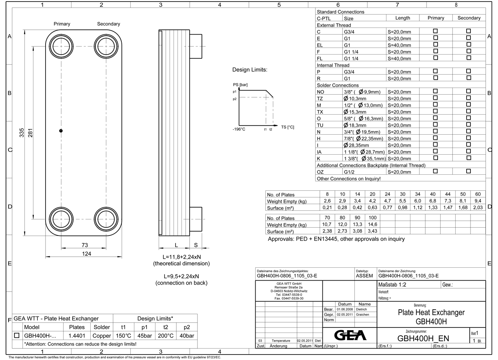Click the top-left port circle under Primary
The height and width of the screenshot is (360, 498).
click(61, 46)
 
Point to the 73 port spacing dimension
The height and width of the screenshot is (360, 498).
click(84, 245)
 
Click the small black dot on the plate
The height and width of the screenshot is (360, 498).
click(61, 131)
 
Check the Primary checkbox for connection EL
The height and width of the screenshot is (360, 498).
click(435, 44)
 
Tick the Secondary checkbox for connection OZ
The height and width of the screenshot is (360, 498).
click(469, 171)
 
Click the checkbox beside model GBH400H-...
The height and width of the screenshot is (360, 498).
click(17, 336)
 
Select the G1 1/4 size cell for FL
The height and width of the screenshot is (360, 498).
click(351, 58)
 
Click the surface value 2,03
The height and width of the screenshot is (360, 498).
click(478, 208)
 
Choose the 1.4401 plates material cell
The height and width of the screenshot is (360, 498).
click(77, 336)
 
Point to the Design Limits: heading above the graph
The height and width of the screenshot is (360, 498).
click(250, 70)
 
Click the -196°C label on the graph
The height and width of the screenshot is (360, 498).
click(239, 129)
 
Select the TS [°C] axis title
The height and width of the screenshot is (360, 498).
click(287, 127)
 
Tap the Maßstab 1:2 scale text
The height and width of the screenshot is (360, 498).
click(392, 285)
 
